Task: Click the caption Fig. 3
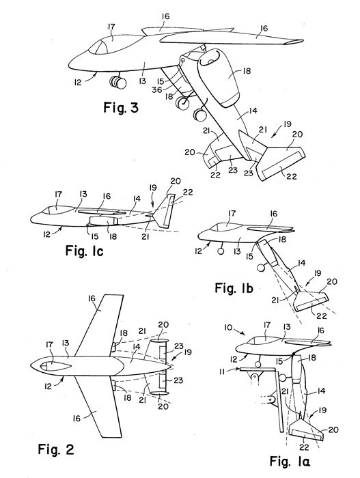click(x=121, y=108)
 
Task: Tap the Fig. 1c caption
click(x=85, y=251)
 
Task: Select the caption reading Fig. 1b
click(x=234, y=287)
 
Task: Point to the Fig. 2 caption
click(x=56, y=449)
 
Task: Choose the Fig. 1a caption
click(x=290, y=461)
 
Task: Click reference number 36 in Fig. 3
click(x=158, y=89)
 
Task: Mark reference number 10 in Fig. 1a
click(x=229, y=328)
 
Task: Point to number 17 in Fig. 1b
click(x=232, y=213)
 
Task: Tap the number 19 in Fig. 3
click(x=287, y=124)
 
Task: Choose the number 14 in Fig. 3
click(x=253, y=111)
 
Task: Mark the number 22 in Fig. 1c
click(x=188, y=192)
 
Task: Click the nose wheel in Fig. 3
click(x=117, y=82)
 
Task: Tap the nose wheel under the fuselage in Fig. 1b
click(x=220, y=251)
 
